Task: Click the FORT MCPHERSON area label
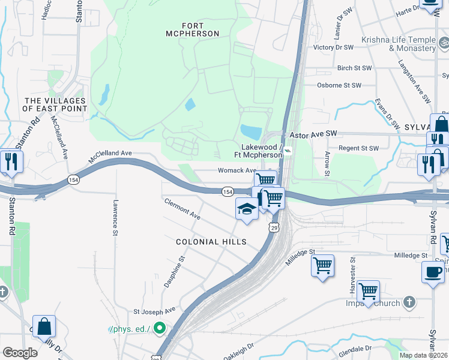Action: click(x=192, y=29)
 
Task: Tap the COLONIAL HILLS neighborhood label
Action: click(x=211, y=241)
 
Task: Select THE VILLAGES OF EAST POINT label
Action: click(x=55, y=105)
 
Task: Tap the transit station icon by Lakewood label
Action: click(x=289, y=151)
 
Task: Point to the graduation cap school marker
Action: click(x=246, y=208)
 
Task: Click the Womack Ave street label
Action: click(x=237, y=170)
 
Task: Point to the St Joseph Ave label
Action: click(x=154, y=311)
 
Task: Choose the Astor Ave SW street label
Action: click(x=315, y=136)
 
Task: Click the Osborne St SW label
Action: click(x=339, y=85)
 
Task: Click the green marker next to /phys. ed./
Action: click(x=159, y=328)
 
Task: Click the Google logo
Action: click(x=20, y=353)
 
